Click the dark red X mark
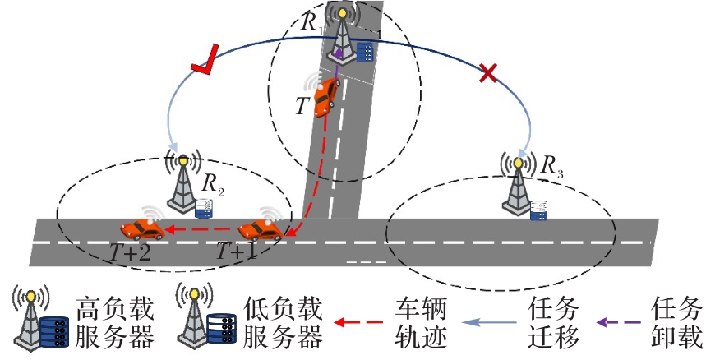[488, 73]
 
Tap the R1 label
[311, 22]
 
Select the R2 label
[213, 184]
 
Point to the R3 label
[551, 167]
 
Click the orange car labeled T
[326, 96]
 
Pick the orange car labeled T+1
[261, 230]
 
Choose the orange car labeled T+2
[142, 230]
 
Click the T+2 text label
[131, 252]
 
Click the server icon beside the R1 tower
[365, 52]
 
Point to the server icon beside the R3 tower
[538, 210]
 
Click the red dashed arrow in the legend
[358, 322]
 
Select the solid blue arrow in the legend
[489, 322]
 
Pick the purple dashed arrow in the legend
[619, 322]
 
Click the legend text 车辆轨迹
[421, 323]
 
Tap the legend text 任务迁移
[553, 323]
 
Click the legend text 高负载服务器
[114, 323]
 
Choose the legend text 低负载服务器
[283, 323]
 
